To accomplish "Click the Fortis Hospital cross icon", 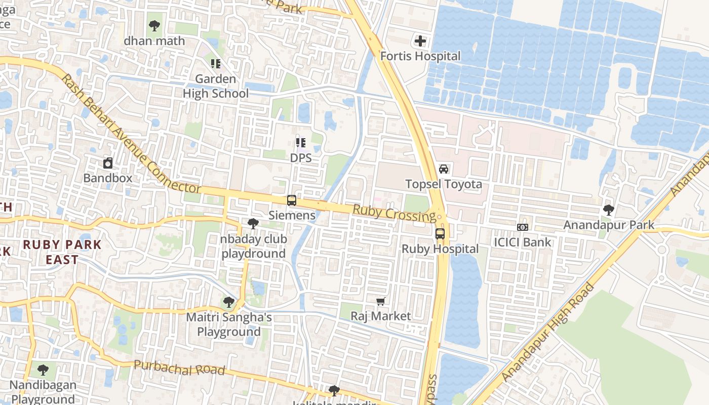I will click(420, 41).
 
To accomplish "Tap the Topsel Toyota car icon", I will click(444, 169).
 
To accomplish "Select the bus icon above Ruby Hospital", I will click(440, 234).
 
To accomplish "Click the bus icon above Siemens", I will click(292, 200).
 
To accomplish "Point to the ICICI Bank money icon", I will click(523, 227).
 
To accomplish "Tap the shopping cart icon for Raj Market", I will click(381, 302).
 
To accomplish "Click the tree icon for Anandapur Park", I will click(609, 210).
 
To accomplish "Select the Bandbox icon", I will click(108, 163).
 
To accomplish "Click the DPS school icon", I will click(301, 143).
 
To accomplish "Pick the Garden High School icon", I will click(216, 64).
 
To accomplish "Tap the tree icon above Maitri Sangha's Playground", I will click(229, 303).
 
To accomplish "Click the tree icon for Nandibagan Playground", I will click(43, 370).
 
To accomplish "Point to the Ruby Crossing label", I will click(393, 213).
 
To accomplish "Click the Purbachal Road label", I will click(179, 368).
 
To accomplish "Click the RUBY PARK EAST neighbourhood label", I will click(62, 252).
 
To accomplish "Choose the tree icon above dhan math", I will click(154, 25).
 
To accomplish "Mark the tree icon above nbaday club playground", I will click(253, 224).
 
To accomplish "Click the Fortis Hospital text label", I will click(420, 56).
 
